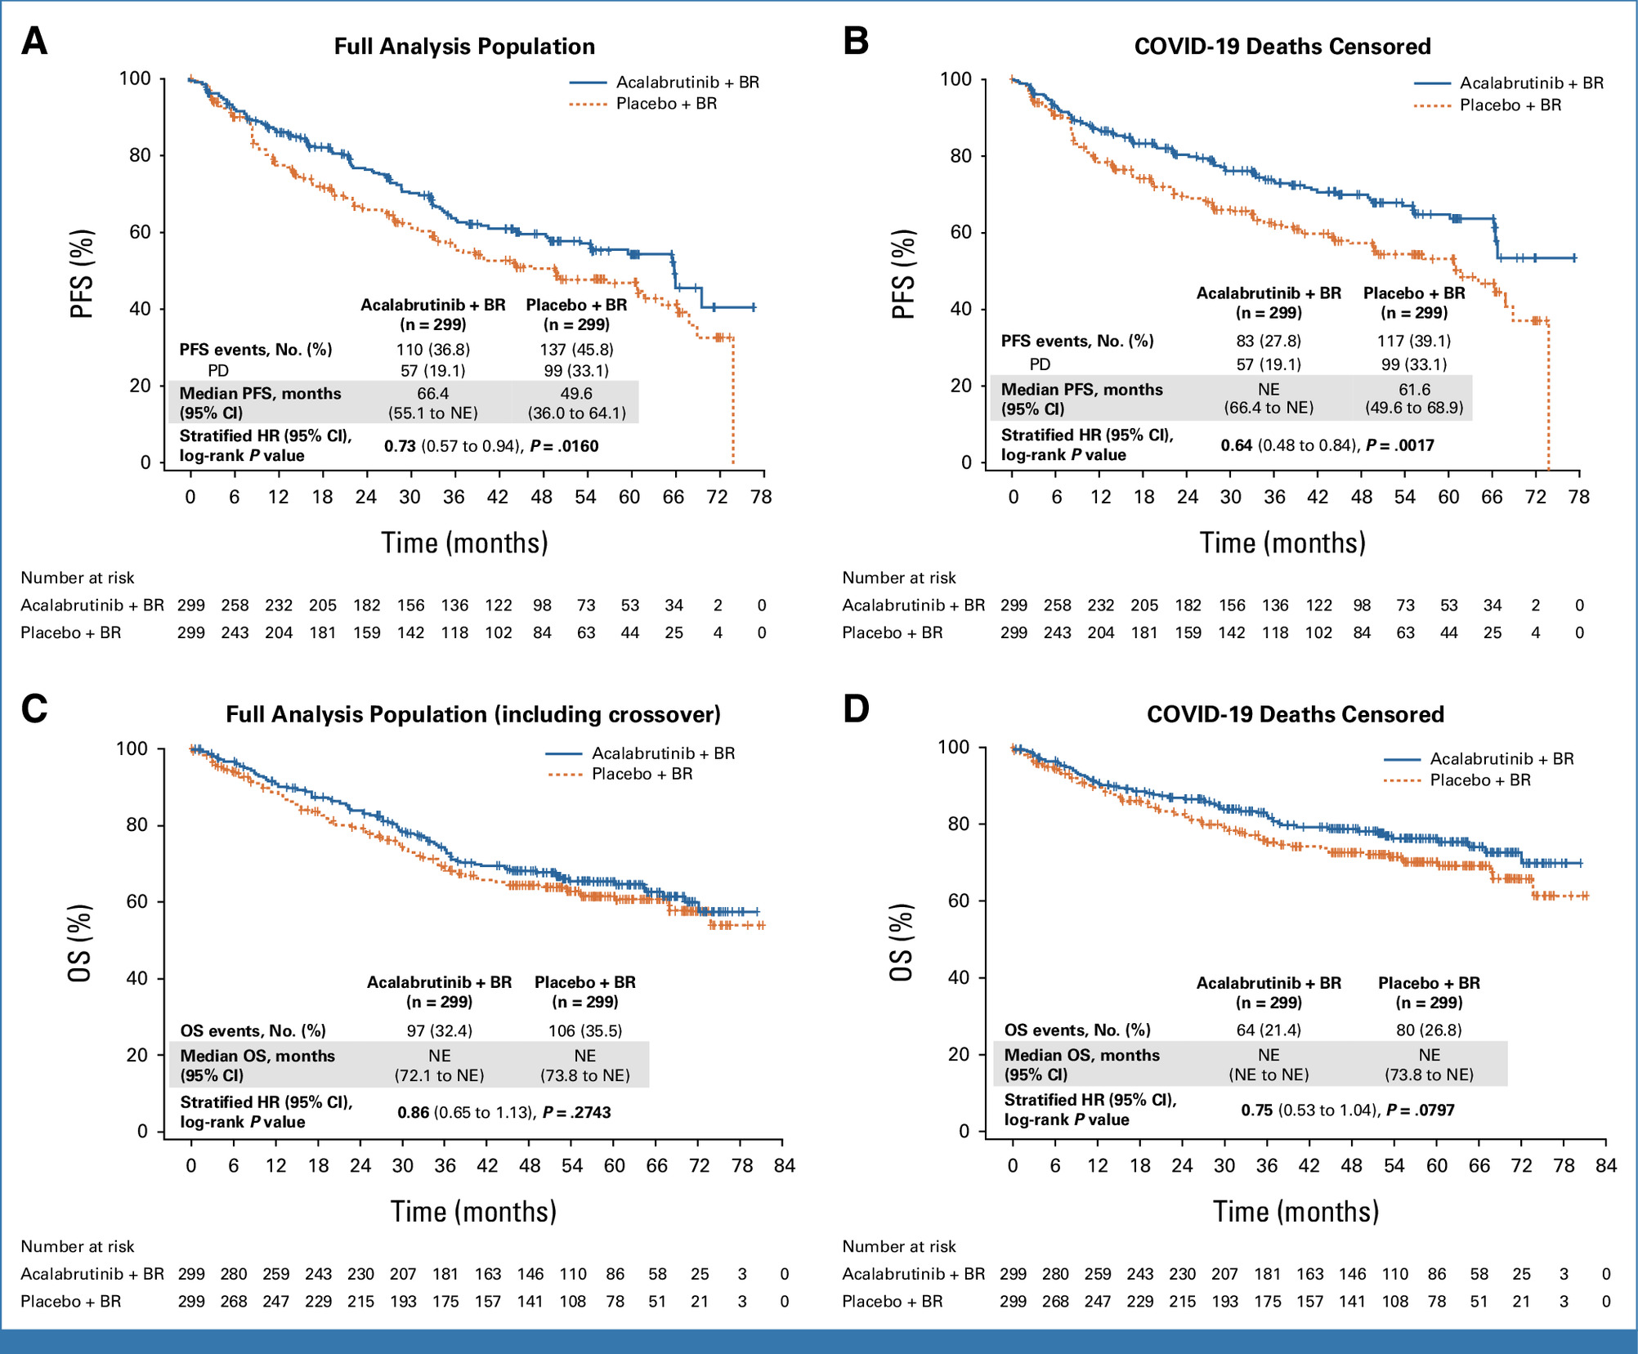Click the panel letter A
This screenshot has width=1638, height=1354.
34,41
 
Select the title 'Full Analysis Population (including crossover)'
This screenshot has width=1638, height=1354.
473,714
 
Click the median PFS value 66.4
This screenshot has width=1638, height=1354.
433,394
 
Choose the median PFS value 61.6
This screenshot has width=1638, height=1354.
1414,390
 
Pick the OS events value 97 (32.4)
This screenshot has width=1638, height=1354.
440,1030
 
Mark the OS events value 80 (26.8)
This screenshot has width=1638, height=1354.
1429,1030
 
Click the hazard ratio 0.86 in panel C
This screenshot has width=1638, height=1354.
414,1112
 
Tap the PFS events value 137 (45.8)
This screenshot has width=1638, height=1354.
576,350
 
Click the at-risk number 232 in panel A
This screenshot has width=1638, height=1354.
279,606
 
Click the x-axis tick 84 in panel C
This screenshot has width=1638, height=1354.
785,1166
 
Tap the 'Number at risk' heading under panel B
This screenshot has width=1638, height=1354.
899,578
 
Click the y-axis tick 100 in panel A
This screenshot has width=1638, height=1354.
135,78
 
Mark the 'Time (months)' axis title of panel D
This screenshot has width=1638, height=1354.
1296,1211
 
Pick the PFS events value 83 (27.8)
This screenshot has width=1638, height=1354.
1269,341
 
